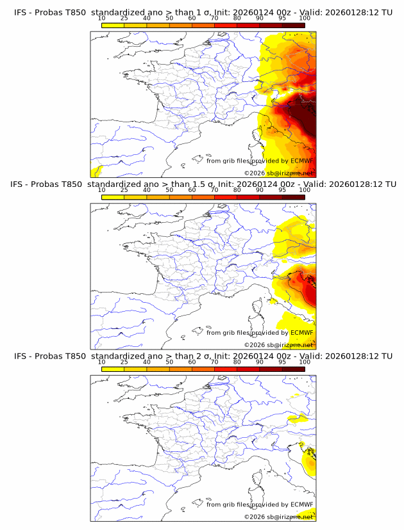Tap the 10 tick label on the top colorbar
[101, 19]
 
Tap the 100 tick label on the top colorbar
[305, 19]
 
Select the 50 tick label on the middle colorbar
[169, 190]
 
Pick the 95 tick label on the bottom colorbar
[282, 362]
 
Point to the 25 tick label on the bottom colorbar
[124, 362]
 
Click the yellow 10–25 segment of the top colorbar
[113, 25]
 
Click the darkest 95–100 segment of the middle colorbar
[293, 197]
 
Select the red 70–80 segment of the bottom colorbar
[226, 368]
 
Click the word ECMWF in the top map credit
[301, 161]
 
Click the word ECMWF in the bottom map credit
[301, 504]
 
